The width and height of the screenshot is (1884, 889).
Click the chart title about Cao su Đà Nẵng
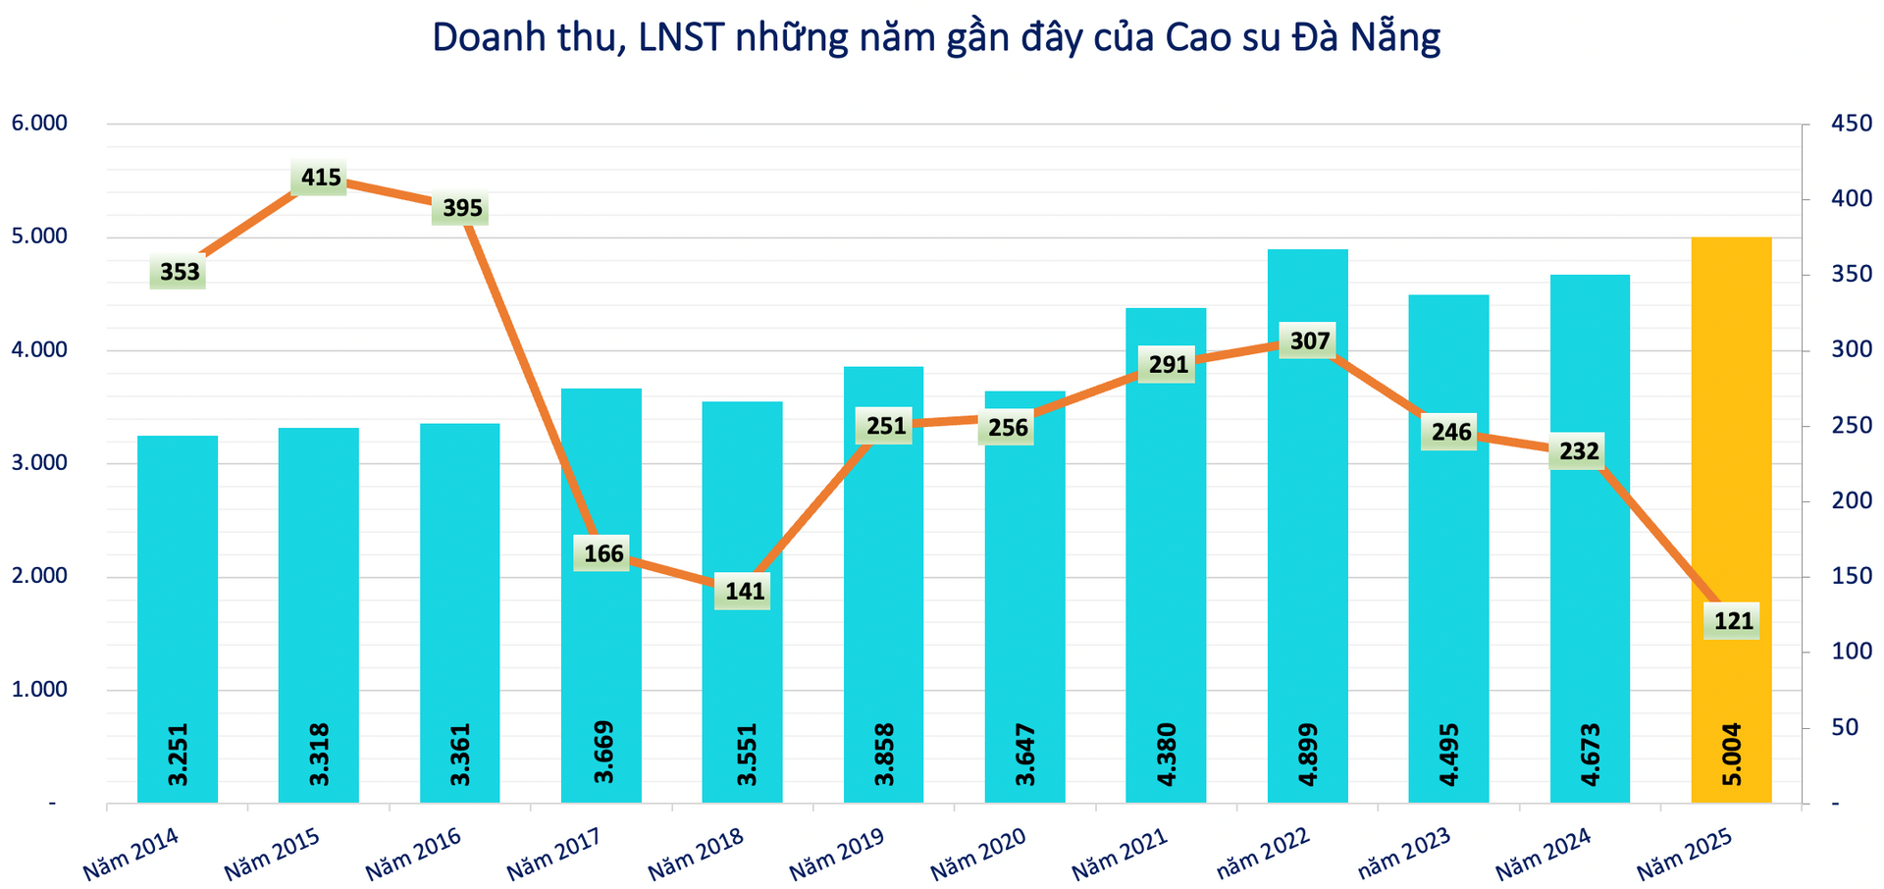(x=935, y=37)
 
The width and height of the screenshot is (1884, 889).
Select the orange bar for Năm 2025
(x=1731, y=442)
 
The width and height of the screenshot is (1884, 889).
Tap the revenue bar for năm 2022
(x=1307, y=549)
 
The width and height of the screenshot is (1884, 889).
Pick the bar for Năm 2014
(x=178, y=589)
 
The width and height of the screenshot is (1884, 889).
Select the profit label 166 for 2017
(x=603, y=553)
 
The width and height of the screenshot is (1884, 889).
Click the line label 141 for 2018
(x=745, y=592)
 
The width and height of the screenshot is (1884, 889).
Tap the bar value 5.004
(x=1732, y=754)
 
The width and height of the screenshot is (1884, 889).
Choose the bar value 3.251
(x=179, y=754)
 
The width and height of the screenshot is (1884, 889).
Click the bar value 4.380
(x=1167, y=754)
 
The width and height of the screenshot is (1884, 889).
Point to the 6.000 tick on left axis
(x=37, y=124)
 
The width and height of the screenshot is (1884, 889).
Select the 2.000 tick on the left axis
(x=37, y=576)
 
